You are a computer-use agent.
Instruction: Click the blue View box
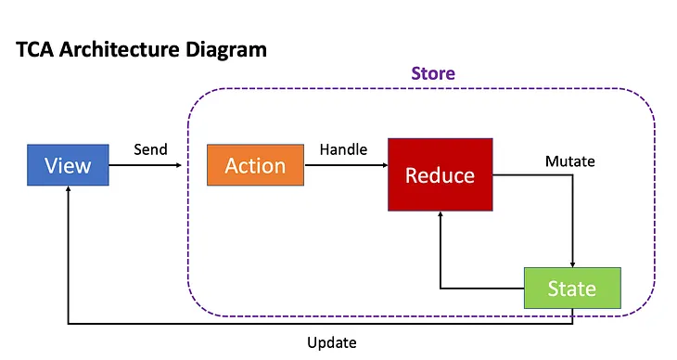pyautogui.click(x=68, y=165)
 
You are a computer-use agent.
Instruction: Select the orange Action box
pyautogui.click(x=255, y=165)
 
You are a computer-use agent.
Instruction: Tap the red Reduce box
pyautogui.click(x=440, y=174)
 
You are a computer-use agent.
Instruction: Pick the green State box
pyautogui.click(x=571, y=288)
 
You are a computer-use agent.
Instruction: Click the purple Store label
pyautogui.click(x=433, y=72)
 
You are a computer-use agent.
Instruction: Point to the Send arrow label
pyautogui.click(x=150, y=148)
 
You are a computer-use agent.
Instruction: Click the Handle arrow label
pyautogui.click(x=343, y=148)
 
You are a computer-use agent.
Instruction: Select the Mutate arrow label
pyautogui.click(x=569, y=161)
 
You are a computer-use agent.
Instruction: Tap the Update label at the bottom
pyautogui.click(x=331, y=342)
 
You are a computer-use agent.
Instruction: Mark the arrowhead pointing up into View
pyautogui.click(x=68, y=190)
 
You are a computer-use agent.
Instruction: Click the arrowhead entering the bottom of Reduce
pyautogui.click(x=440, y=216)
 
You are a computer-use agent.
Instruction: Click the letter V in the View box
pyautogui.click(x=51, y=165)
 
